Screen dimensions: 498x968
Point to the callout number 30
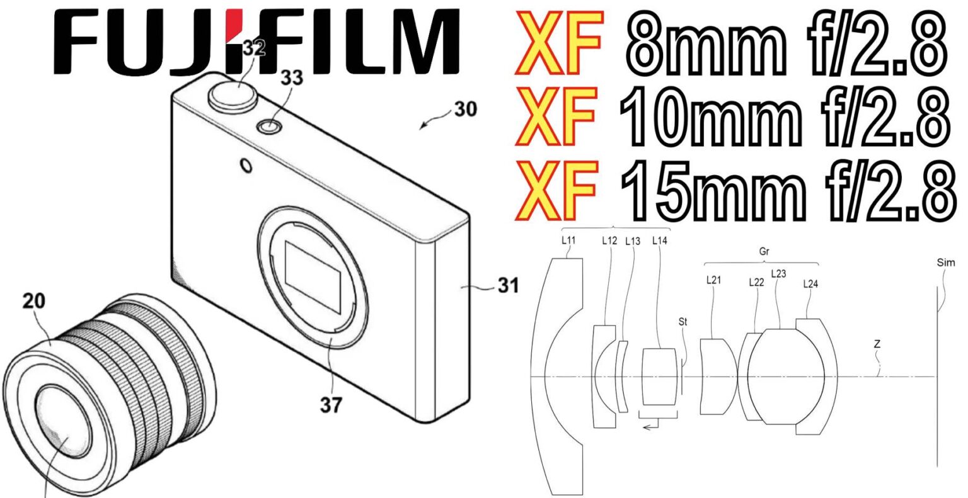[465, 110]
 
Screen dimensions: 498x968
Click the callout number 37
[330, 405]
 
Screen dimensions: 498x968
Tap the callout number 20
[34, 301]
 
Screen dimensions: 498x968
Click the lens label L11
[569, 240]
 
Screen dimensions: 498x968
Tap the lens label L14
[660, 240]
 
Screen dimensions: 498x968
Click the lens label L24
[810, 284]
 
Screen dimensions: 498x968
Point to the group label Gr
[765, 251]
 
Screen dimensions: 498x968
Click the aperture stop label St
[683, 322]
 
